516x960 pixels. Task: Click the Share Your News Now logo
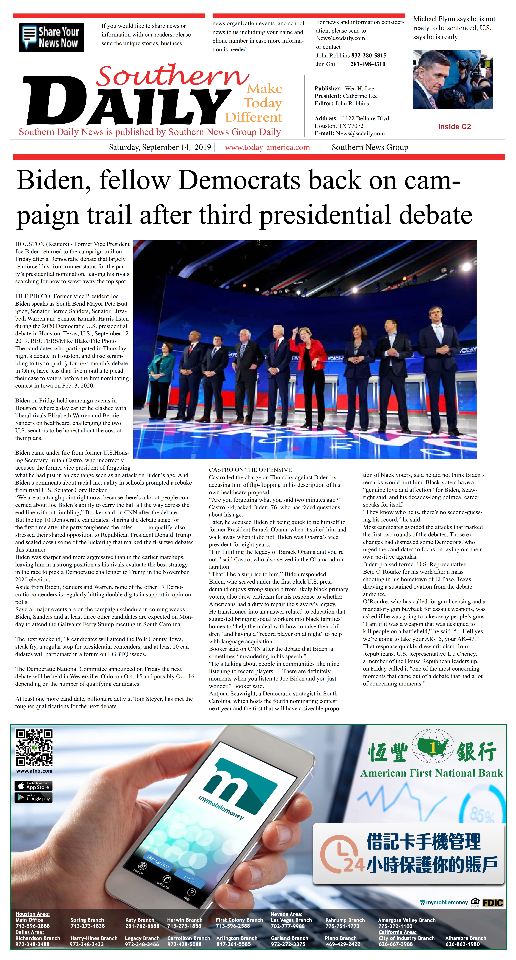51,37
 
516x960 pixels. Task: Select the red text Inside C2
454,127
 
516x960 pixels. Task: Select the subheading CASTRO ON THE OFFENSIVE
250,470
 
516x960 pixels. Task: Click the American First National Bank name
431,773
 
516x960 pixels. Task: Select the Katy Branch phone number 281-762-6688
142,926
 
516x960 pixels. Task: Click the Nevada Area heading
286,914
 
